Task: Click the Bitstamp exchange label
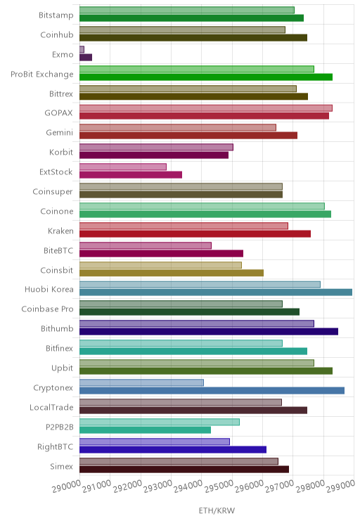56,15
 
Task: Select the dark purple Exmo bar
86,58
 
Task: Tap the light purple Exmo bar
82,50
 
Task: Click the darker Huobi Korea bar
216,292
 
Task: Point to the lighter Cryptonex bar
141,382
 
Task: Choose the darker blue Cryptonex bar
212,391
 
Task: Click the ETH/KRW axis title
217,510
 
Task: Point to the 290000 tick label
66,486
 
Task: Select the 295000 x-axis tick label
219,486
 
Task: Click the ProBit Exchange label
42,74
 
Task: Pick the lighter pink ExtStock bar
123,167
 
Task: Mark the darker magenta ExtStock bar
131,174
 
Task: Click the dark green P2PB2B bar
145,430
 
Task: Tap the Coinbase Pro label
47,309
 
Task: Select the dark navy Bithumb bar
209,332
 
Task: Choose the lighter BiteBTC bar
146,245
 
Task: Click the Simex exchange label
61,466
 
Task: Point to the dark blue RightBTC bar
173,450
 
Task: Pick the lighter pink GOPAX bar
206,108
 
